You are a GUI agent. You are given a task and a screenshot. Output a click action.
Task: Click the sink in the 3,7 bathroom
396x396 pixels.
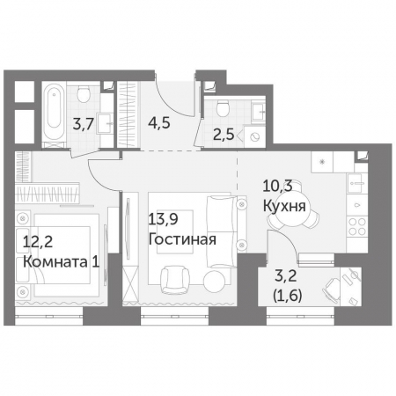[x=104, y=123]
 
